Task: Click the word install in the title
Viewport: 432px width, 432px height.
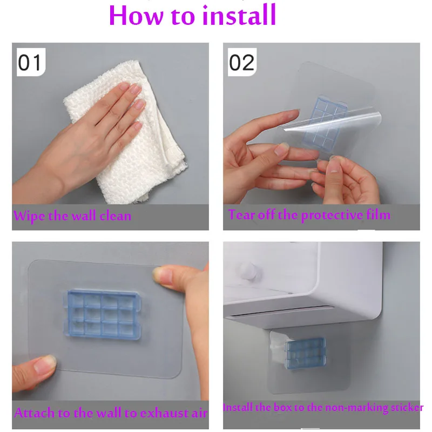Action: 239,15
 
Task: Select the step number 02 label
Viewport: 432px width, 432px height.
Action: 242,62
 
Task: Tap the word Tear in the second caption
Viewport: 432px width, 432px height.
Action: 241,214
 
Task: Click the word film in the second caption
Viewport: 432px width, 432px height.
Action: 379,214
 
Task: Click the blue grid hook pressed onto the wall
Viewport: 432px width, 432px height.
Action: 103,314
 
